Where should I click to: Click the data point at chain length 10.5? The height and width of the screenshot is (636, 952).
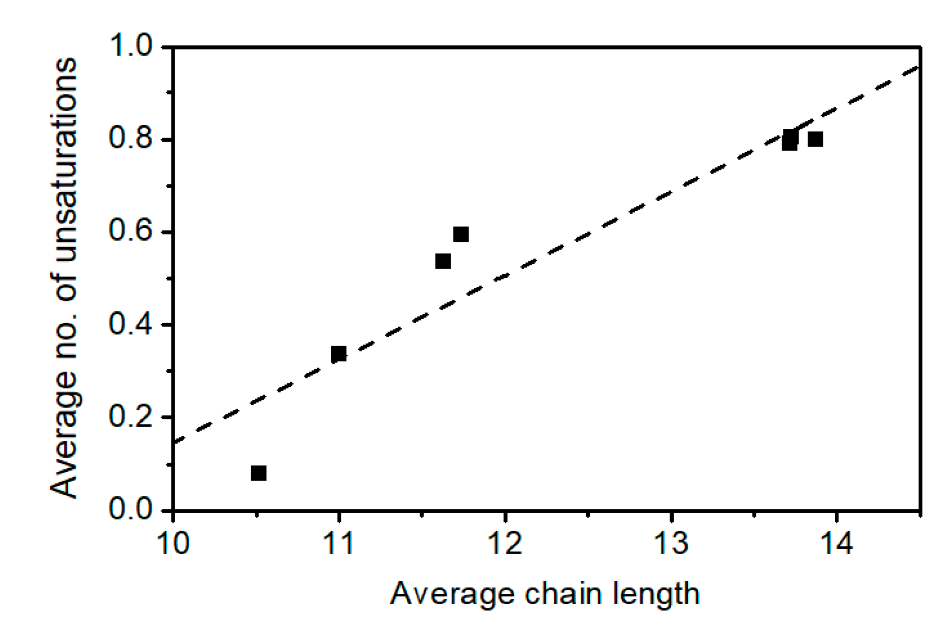click(x=258, y=473)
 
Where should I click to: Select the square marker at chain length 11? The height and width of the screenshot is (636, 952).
click(x=339, y=354)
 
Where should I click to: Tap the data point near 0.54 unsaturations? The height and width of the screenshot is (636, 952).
click(x=442, y=261)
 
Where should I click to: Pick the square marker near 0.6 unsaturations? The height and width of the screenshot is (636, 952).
click(x=461, y=234)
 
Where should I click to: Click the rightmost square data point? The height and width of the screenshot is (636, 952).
click(x=815, y=139)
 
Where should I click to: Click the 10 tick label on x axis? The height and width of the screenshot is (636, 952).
click(x=172, y=543)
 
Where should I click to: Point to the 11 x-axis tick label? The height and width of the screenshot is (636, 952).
click(x=339, y=543)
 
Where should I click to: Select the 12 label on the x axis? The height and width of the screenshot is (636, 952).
click(x=504, y=543)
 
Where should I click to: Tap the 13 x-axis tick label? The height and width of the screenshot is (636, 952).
click(x=671, y=543)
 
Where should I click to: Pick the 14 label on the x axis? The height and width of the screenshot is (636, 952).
click(x=836, y=543)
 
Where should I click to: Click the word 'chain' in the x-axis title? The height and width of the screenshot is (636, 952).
click(x=561, y=594)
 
